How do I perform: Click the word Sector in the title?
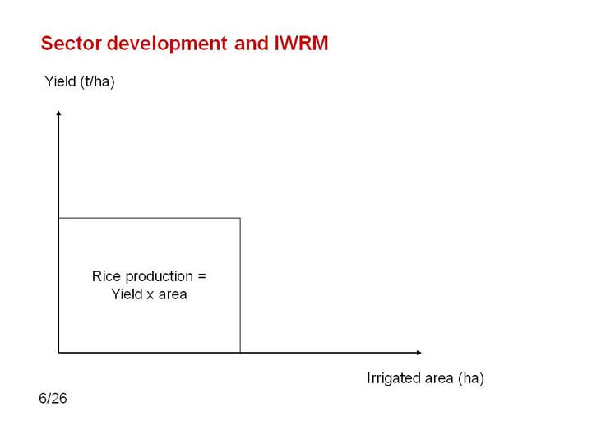click(72, 43)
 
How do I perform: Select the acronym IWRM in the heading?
click(301, 43)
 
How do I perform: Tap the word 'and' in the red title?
click(251, 43)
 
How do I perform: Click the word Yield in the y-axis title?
click(60, 81)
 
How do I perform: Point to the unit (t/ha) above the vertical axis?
click(97, 81)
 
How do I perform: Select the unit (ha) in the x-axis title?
click(471, 378)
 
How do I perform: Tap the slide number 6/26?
click(53, 398)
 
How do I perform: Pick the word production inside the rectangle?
click(159, 277)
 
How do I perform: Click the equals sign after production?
click(202, 276)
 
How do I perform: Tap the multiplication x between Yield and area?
click(150, 295)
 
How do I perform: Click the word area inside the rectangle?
click(173, 294)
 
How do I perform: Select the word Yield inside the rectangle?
click(127, 294)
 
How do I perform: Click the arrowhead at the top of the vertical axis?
click(58, 113)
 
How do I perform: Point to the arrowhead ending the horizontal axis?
click(419, 353)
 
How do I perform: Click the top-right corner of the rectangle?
click(240, 218)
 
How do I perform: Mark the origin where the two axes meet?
click(58, 353)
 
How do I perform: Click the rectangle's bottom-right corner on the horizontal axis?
click(240, 353)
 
